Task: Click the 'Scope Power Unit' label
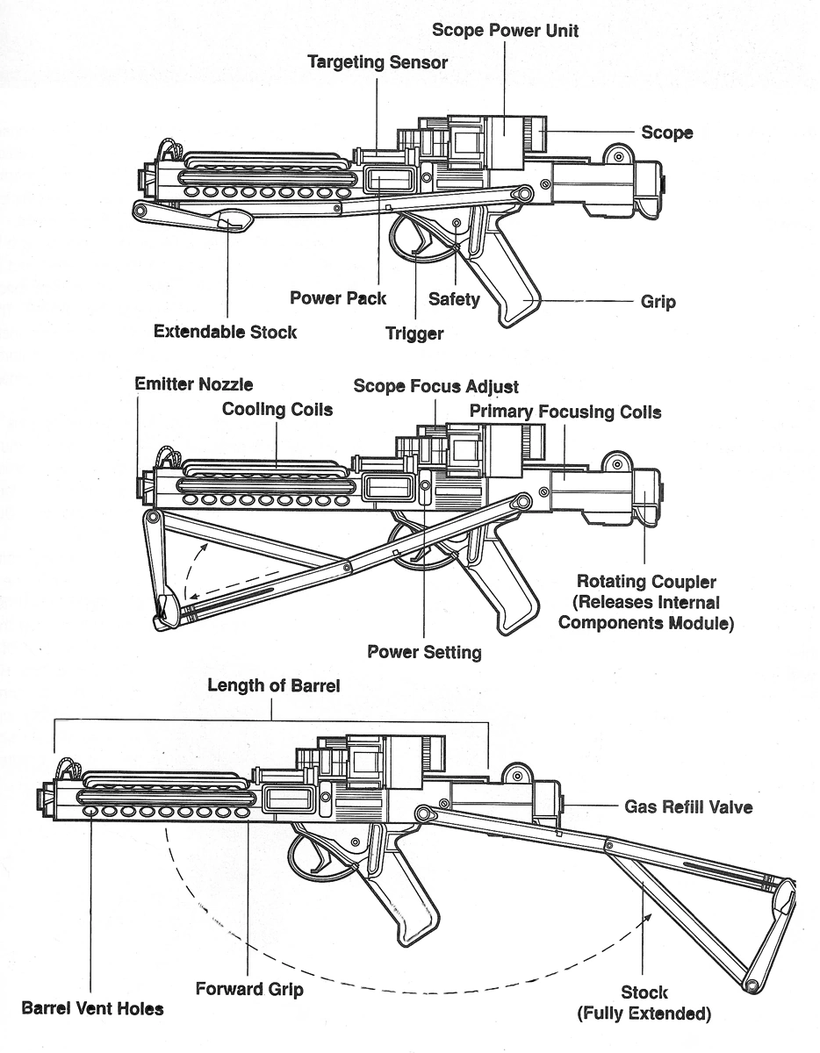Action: [505, 31]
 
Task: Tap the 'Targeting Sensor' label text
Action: [378, 62]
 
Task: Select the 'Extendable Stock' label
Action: [225, 332]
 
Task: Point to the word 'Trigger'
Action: [414, 333]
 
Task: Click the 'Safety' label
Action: [454, 299]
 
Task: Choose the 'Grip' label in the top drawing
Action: [658, 302]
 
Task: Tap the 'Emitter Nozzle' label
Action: [193, 383]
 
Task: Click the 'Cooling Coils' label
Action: [277, 409]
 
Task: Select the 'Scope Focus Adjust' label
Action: [435, 386]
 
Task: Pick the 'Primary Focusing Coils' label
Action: [565, 412]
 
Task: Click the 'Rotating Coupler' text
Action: [646, 582]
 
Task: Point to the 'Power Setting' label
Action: [424, 652]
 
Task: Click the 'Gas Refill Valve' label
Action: [688, 806]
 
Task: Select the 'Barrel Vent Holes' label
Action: [93, 1008]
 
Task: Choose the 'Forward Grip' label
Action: [249, 989]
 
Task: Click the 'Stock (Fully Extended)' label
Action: [644, 1003]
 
